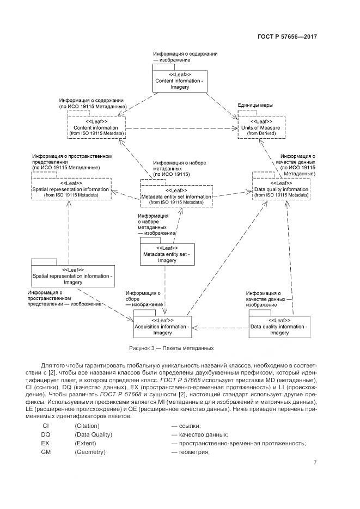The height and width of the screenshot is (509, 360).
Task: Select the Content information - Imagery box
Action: click(179, 79)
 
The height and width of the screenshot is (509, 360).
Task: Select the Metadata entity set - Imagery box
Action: click(167, 254)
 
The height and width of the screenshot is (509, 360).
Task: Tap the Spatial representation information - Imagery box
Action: click(72, 276)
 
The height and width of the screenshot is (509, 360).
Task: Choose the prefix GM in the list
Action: click(46, 452)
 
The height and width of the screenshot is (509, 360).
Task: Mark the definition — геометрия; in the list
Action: click(191, 452)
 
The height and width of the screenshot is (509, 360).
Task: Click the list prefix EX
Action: click(46, 443)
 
